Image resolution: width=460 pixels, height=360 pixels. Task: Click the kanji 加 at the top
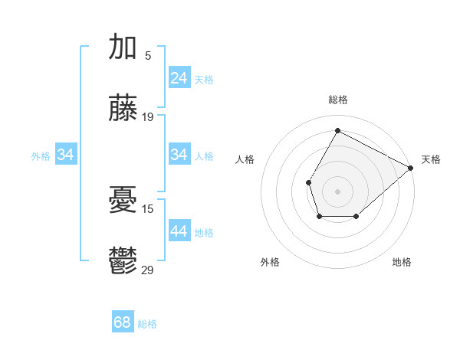point(123,47)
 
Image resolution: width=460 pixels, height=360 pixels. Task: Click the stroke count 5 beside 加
point(148,55)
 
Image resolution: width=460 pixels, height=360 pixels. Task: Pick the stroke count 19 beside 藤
point(148,117)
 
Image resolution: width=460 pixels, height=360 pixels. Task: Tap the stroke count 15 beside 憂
point(148,208)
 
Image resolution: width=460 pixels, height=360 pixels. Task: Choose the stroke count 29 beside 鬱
point(148,270)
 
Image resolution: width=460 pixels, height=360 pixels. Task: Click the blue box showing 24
point(179,78)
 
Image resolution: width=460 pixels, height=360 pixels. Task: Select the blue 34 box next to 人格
point(179,155)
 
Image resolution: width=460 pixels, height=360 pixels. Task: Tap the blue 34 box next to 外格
point(66,155)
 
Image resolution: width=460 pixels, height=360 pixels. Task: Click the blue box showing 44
point(179,231)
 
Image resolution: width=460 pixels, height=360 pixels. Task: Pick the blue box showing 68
point(123,322)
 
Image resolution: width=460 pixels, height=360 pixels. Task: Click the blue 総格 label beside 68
point(148,324)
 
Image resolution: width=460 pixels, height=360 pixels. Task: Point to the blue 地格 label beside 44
point(205,233)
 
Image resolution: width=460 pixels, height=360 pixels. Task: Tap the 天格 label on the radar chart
point(432,159)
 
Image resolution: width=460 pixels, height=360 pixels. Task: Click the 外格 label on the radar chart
point(270,262)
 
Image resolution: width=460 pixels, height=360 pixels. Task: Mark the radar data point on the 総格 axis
point(337,129)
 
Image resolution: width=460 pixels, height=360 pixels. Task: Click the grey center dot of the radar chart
point(337,190)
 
